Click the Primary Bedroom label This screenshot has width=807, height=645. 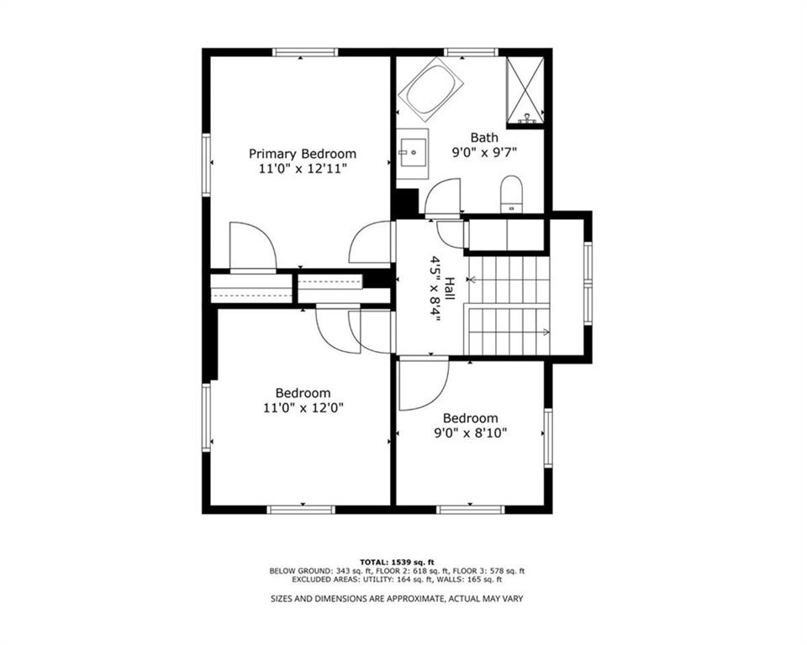[x=303, y=155]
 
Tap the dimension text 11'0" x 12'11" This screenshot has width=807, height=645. [x=303, y=169]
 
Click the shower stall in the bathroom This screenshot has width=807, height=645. [x=525, y=91]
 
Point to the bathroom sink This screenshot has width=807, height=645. [x=412, y=154]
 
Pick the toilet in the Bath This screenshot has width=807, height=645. [x=511, y=194]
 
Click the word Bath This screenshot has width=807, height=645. [x=484, y=138]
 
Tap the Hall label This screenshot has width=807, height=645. [x=449, y=289]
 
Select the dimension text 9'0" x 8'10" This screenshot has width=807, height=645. [x=471, y=433]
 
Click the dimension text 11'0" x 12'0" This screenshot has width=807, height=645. [x=303, y=408]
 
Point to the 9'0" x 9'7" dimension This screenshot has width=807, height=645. [x=484, y=153]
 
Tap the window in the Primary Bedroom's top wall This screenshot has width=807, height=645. [x=305, y=52]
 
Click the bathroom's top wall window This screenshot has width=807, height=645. [x=471, y=52]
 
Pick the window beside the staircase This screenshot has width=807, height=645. [x=588, y=283]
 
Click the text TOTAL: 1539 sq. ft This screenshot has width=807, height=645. [x=398, y=562]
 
